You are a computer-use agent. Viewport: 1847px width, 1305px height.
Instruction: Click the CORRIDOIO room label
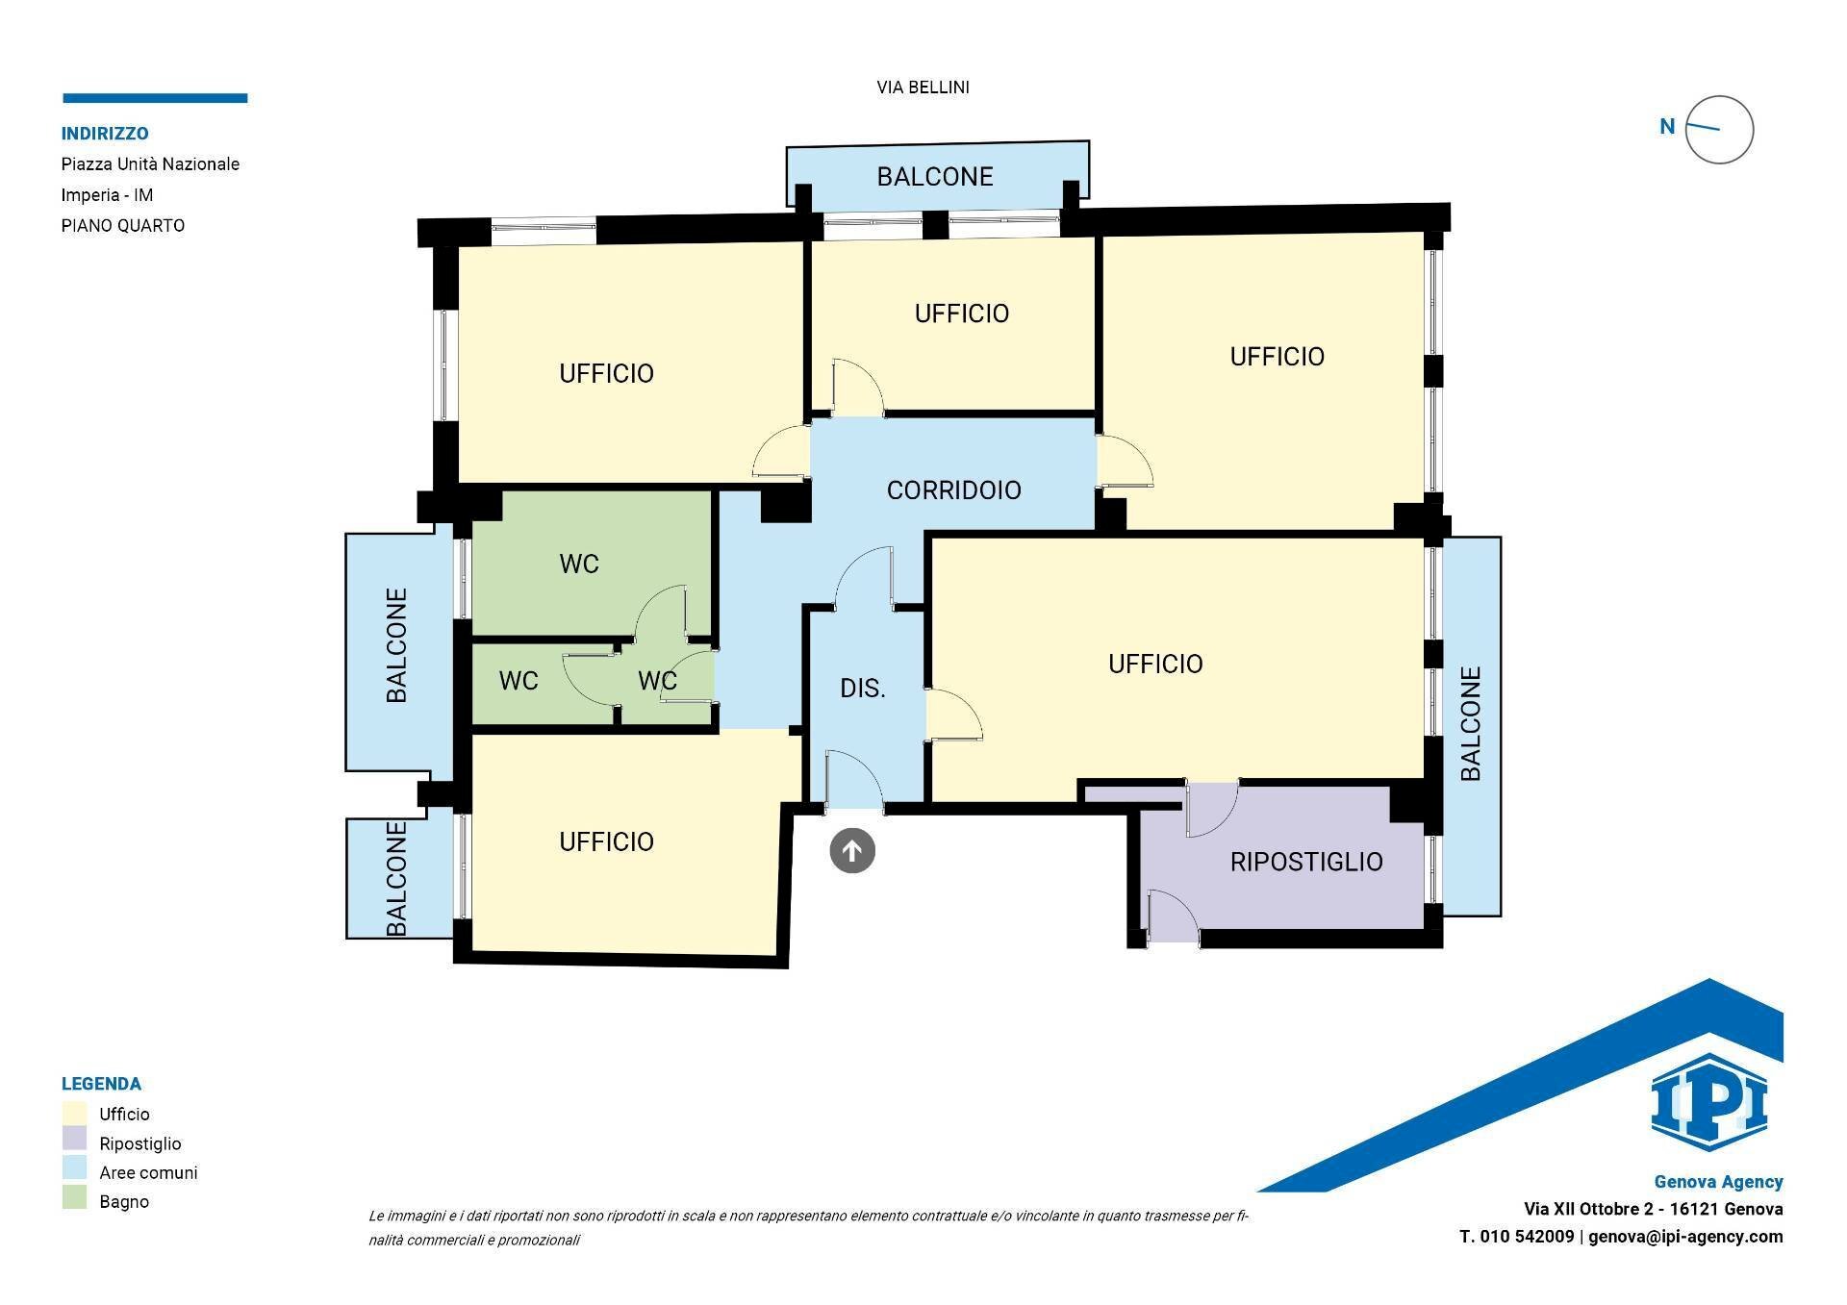click(x=953, y=490)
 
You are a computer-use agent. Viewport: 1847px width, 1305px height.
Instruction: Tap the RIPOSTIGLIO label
click(x=1306, y=862)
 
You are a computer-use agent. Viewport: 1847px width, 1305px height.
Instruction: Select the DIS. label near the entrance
click(x=863, y=689)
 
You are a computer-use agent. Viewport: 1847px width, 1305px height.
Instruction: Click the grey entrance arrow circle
click(x=852, y=851)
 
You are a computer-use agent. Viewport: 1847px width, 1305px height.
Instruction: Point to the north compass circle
click(x=1720, y=130)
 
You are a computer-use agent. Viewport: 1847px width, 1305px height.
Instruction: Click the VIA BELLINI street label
click(x=923, y=88)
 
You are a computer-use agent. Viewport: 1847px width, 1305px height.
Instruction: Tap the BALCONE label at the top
click(x=935, y=177)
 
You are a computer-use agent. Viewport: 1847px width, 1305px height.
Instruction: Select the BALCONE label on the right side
click(x=1471, y=723)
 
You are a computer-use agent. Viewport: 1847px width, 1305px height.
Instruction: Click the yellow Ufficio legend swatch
click(x=74, y=1114)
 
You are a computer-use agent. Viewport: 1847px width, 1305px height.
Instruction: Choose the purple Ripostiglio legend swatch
click(x=74, y=1142)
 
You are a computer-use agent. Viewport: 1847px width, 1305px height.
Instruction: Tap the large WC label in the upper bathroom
click(x=579, y=565)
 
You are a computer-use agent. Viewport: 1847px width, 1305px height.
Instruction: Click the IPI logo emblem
click(x=1709, y=1102)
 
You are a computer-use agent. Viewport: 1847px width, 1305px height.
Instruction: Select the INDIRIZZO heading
click(x=105, y=134)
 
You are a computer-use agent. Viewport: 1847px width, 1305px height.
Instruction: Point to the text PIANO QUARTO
click(x=123, y=226)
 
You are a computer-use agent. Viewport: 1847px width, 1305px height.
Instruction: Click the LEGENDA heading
click(x=101, y=1084)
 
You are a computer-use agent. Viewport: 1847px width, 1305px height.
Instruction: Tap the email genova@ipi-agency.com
click(x=1685, y=1237)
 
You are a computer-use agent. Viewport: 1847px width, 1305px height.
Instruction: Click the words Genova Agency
click(x=1719, y=1182)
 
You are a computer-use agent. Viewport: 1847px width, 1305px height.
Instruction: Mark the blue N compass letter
click(x=1667, y=127)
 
